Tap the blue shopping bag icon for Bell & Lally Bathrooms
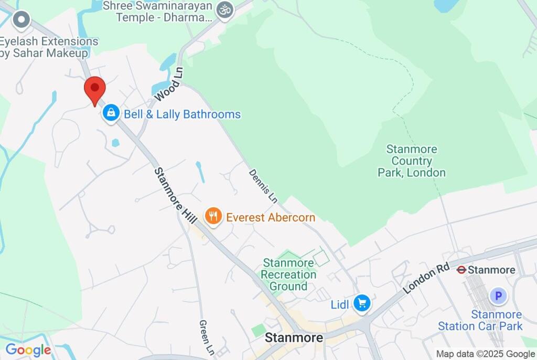[x=111, y=113]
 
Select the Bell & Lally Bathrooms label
[x=182, y=114]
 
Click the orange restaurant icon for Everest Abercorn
[x=213, y=216]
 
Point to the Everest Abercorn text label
[x=271, y=217]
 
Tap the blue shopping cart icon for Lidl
[x=362, y=303]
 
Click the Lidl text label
[x=340, y=304]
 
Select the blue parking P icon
[x=498, y=296]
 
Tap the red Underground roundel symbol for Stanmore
[x=461, y=270]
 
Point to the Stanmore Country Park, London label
[x=412, y=161]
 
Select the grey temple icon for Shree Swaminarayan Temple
[x=225, y=10]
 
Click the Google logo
[x=28, y=350]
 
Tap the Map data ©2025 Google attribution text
[x=485, y=354]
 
